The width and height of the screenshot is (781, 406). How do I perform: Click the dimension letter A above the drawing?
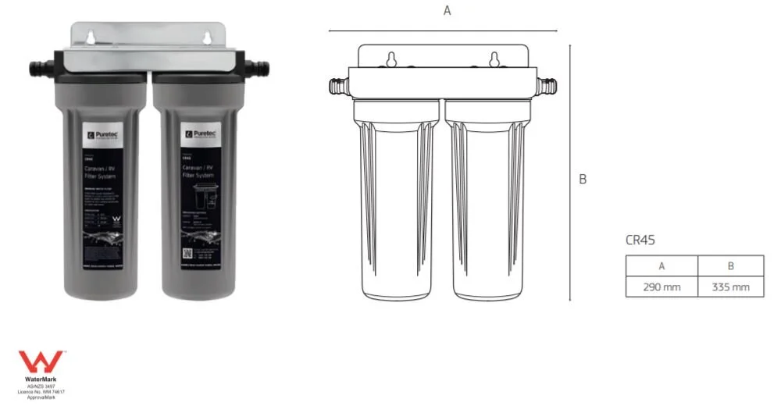[447, 10]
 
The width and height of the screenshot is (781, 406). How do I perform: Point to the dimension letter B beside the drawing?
[583, 179]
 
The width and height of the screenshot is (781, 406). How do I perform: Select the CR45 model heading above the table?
[640, 240]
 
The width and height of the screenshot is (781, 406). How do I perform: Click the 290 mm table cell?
[661, 287]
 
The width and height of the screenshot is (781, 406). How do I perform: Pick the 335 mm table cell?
[731, 287]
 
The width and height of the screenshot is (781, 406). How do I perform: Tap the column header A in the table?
[661, 265]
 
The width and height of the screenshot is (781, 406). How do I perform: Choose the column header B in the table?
[731, 265]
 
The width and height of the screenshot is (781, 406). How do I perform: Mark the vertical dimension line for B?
[570, 172]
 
